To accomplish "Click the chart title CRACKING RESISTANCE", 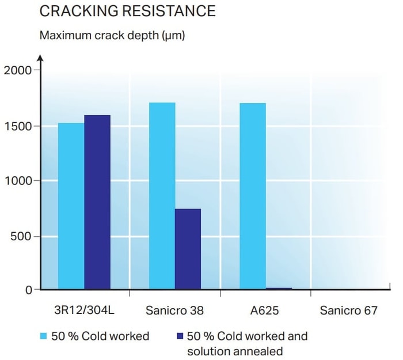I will coord(127,11).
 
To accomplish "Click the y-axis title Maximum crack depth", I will coord(112,36).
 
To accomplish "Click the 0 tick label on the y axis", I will coord(29,290).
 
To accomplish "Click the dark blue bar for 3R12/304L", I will coord(97,202).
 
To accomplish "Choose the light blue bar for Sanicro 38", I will coord(162,196).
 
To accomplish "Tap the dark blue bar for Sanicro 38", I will coord(188,249).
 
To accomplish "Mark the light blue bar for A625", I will coord(253,196).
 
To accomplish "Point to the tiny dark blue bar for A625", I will coord(279,288).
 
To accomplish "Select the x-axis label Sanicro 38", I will coord(174,311).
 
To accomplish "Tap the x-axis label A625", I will coord(265,311).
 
